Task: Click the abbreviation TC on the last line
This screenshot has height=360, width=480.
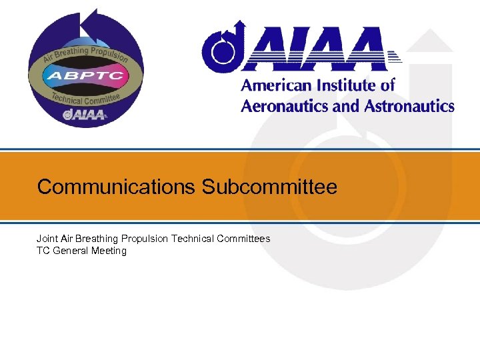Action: tap(43, 251)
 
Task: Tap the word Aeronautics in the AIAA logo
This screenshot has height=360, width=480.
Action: tap(283, 106)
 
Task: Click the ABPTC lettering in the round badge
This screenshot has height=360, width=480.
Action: tap(84, 75)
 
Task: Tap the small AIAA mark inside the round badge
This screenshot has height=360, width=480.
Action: tap(84, 115)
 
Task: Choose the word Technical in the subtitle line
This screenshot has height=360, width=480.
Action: tap(193, 238)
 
